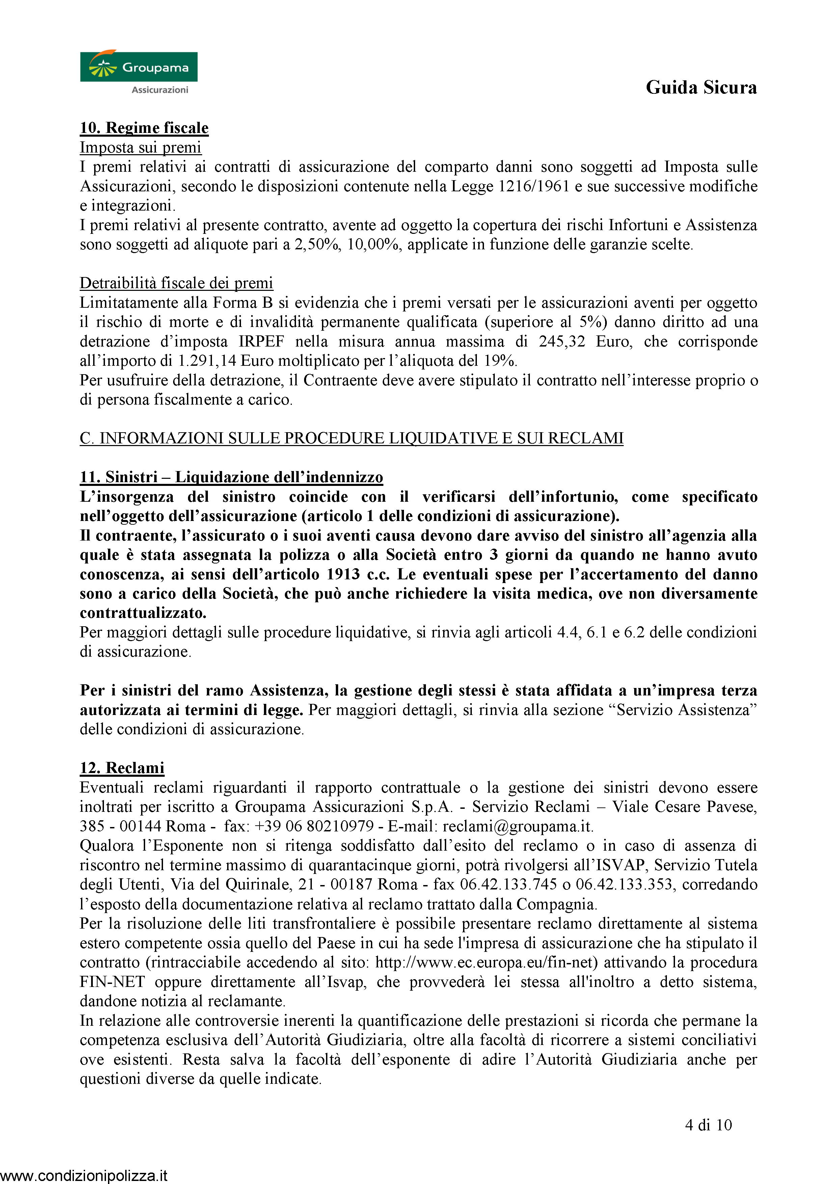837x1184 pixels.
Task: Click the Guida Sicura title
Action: click(x=701, y=88)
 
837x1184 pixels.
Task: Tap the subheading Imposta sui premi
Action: click(x=140, y=147)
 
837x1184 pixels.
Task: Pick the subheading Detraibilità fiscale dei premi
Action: click(x=177, y=283)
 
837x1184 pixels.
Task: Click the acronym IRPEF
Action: click(x=261, y=341)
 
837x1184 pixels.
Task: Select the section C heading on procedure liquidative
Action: click(x=351, y=438)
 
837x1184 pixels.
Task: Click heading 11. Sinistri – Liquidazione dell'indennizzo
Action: click(x=231, y=477)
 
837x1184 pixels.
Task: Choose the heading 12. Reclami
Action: click(x=122, y=768)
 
